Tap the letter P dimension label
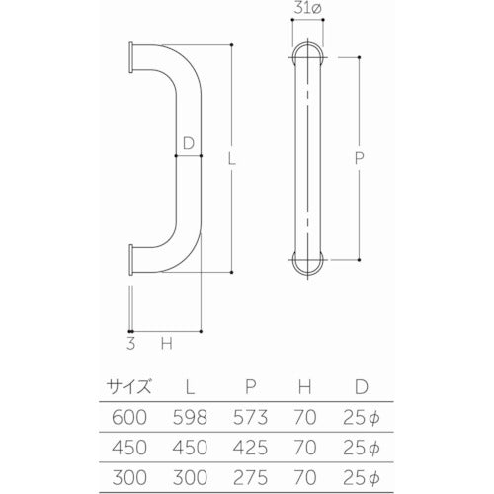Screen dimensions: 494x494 pyautogui.click(x=360, y=157)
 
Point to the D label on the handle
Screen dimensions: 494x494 pyautogui.click(x=187, y=142)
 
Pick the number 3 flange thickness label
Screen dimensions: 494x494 pyautogui.click(x=131, y=344)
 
